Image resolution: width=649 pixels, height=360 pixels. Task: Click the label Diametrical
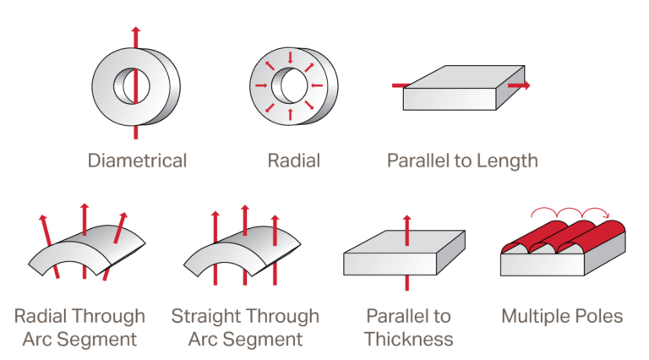tap(137, 161)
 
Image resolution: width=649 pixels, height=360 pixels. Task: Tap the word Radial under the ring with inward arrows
tap(294, 161)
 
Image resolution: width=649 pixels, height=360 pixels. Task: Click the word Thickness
tap(408, 339)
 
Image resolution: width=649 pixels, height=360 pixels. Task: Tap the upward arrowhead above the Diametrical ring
tap(136, 30)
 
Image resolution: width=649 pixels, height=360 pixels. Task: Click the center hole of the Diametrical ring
tap(132, 86)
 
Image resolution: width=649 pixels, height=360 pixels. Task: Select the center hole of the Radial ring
tap(290, 85)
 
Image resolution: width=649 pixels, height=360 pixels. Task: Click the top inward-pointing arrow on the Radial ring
tap(290, 57)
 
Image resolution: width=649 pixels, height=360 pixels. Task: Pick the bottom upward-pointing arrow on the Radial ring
tap(290, 114)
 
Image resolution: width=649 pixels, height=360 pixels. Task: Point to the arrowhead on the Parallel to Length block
tap(526, 85)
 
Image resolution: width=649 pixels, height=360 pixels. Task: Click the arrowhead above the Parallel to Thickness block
tap(406, 219)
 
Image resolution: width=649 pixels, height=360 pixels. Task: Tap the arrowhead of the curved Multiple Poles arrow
tap(608, 215)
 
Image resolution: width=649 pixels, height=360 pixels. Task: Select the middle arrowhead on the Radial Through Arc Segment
tap(85, 206)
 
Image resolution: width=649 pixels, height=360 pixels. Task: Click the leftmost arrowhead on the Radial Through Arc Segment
tap(42, 219)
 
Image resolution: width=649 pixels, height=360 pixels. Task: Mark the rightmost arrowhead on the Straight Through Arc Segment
tap(275, 219)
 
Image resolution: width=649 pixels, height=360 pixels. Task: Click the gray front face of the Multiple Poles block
tap(543, 265)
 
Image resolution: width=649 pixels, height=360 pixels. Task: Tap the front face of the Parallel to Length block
tap(450, 99)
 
